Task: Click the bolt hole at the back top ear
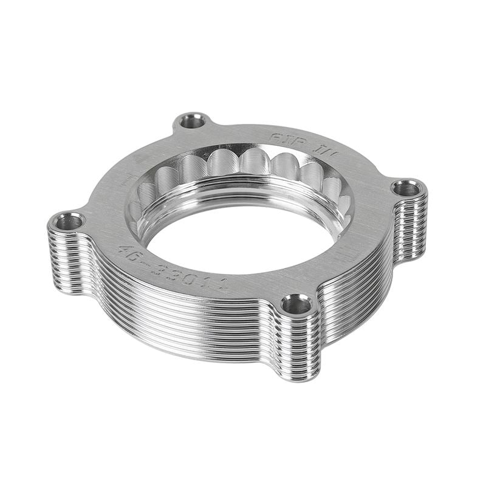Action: click(x=193, y=121)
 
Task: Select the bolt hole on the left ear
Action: click(x=69, y=222)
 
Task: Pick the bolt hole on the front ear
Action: click(x=296, y=304)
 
